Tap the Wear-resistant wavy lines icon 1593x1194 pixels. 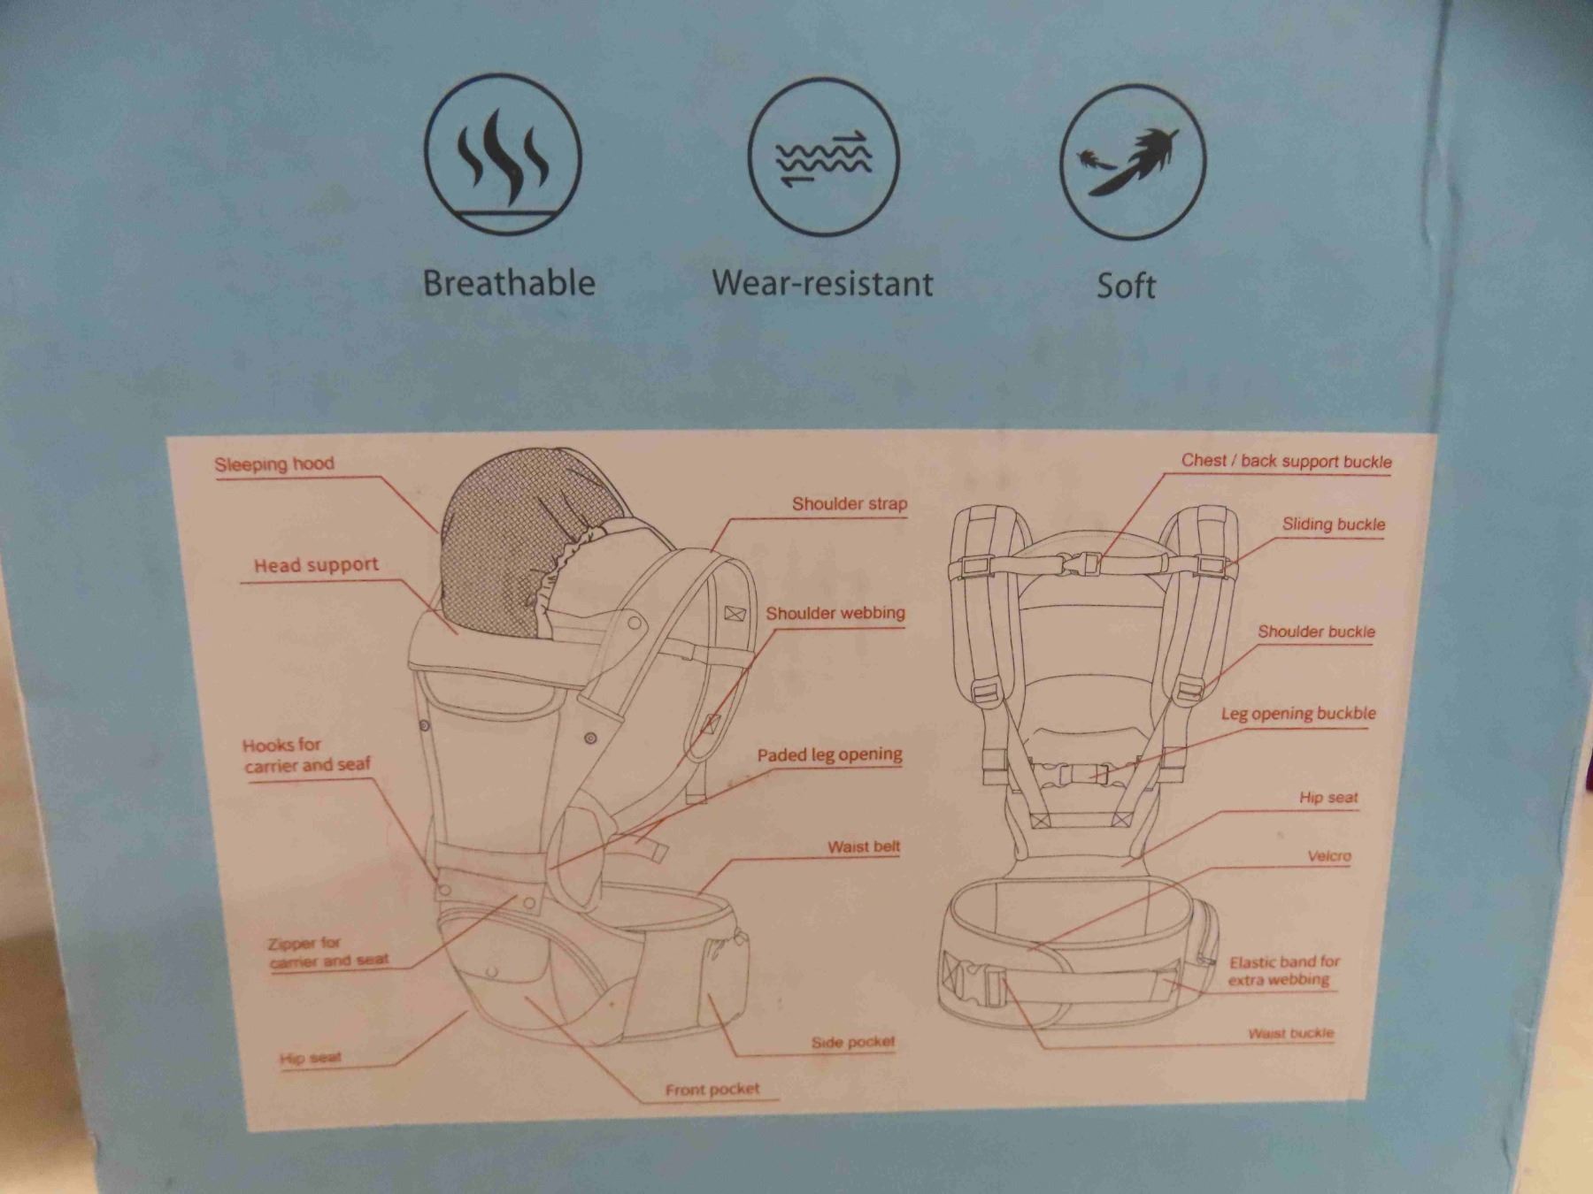pyautogui.click(x=823, y=159)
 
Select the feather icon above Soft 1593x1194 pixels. pyautogui.click(x=1133, y=162)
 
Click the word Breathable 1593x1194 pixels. pyautogui.click(x=509, y=283)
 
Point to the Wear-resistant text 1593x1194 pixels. pyautogui.click(x=823, y=283)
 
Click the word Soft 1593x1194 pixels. pyautogui.click(x=1127, y=286)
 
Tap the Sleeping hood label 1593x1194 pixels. pyautogui.click(x=274, y=464)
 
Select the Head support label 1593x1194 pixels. pyautogui.click(x=316, y=565)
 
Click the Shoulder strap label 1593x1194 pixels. pyautogui.click(x=850, y=504)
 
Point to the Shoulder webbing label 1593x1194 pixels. pyautogui.click(x=835, y=614)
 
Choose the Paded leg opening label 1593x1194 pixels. pyautogui.click(x=829, y=755)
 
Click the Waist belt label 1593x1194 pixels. pyautogui.click(x=864, y=847)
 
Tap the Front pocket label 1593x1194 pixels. pyautogui.click(x=712, y=1090)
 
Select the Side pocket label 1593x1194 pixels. pyautogui.click(x=853, y=1043)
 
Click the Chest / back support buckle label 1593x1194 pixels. pyautogui.click(x=1287, y=461)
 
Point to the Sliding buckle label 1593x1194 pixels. pyautogui.click(x=1334, y=524)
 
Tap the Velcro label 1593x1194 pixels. pyautogui.click(x=1329, y=856)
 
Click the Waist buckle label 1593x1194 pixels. pyautogui.click(x=1291, y=1033)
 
